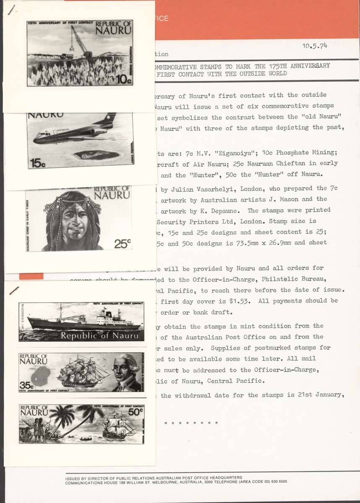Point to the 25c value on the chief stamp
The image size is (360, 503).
123,243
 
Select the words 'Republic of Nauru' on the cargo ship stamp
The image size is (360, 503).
99,336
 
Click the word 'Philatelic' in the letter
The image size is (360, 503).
300,278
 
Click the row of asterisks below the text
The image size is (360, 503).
191,423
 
